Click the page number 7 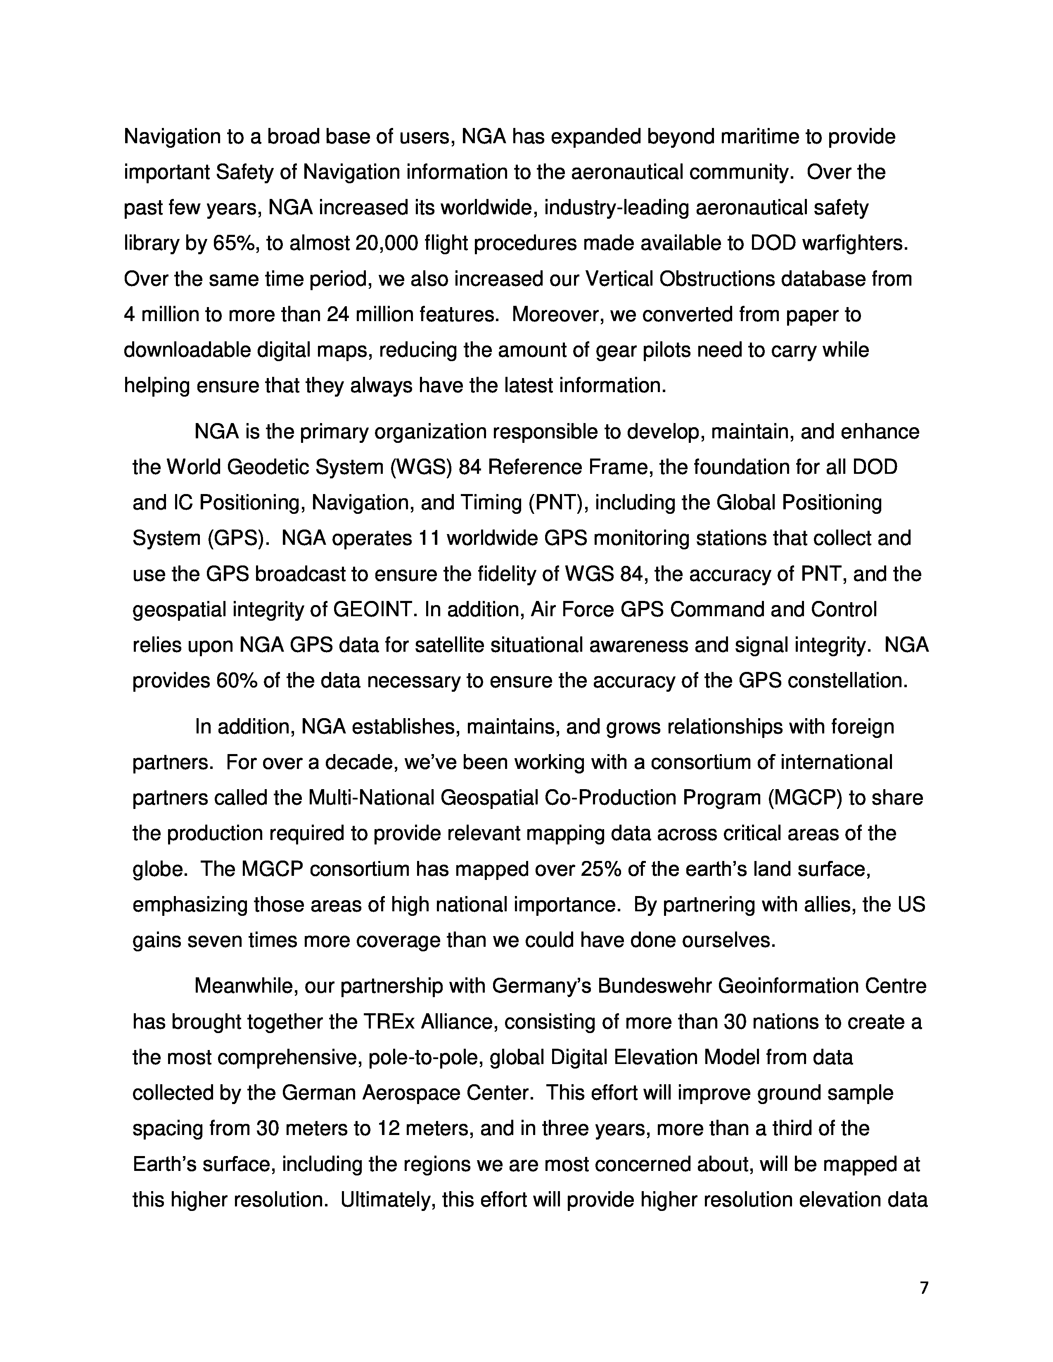point(924,1288)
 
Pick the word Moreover point(557,314)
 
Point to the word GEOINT point(374,609)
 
